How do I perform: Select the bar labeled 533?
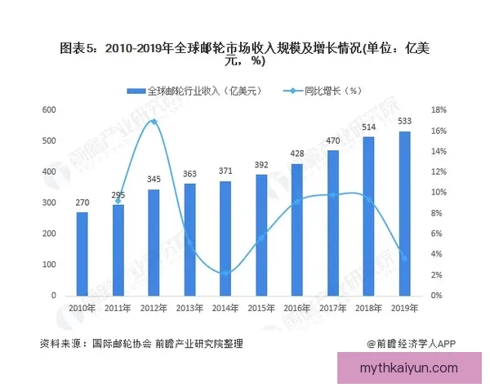click(x=404, y=212)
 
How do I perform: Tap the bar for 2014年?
click(x=225, y=238)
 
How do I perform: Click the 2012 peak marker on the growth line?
click(x=154, y=122)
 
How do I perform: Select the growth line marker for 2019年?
click(x=404, y=258)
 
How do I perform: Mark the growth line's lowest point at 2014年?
click(x=225, y=273)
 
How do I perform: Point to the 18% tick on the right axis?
click(x=439, y=110)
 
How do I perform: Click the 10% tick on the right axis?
click(x=439, y=193)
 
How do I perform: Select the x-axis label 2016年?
click(x=296, y=307)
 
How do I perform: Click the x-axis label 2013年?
click(x=189, y=307)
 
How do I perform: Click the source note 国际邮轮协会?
click(x=122, y=344)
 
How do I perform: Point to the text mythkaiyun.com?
click(x=409, y=368)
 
